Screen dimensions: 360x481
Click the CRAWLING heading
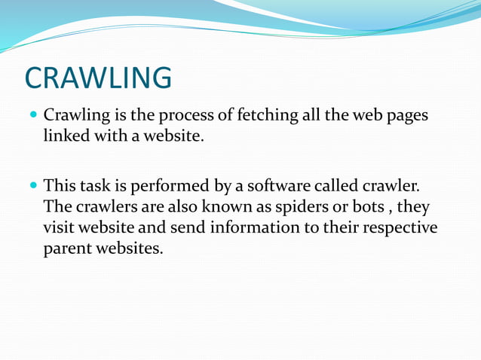point(98,78)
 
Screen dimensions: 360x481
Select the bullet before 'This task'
point(33,185)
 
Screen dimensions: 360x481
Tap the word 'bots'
point(369,206)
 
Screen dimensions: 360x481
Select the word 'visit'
point(60,227)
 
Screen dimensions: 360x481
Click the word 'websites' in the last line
point(132,248)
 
